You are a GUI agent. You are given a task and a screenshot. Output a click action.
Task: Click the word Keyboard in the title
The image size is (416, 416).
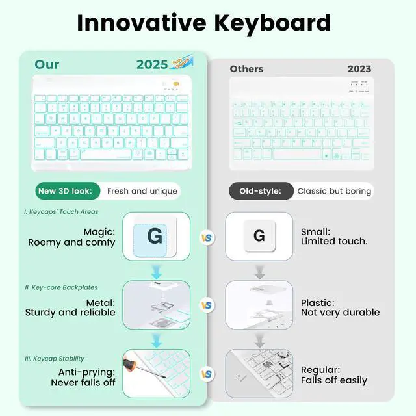tap(273, 23)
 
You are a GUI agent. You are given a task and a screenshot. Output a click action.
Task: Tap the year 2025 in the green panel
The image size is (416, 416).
tap(152, 64)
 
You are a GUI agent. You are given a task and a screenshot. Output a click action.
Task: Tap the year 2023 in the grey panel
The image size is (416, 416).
tap(359, 69)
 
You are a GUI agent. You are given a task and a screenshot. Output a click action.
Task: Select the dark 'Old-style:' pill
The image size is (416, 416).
tap(260, 191)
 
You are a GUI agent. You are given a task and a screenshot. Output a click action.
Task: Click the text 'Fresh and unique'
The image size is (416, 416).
tap(141, 191)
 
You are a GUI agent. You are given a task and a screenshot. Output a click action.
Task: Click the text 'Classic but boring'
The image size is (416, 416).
tap(334, 191)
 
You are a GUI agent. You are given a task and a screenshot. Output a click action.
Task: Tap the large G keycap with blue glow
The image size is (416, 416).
tap(155, 236)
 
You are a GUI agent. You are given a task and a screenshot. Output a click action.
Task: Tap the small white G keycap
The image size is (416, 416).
tap(259, 236)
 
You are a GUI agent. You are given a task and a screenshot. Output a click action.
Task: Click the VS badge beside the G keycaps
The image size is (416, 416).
tap(207, 238)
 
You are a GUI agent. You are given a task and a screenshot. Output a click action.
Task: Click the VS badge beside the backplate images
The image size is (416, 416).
tap(207, 305)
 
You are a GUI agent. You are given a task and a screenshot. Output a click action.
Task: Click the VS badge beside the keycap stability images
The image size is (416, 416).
tap(207, 374)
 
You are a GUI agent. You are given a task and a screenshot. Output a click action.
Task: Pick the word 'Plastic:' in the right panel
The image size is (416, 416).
tap(317, 302)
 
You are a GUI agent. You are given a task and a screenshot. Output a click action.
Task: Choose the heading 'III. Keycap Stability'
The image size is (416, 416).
tap(55, 358)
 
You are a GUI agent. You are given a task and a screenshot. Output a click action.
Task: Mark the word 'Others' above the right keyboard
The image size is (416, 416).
tap(246, 69)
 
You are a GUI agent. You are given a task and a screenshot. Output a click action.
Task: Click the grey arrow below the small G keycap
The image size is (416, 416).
tap(259, 270)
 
